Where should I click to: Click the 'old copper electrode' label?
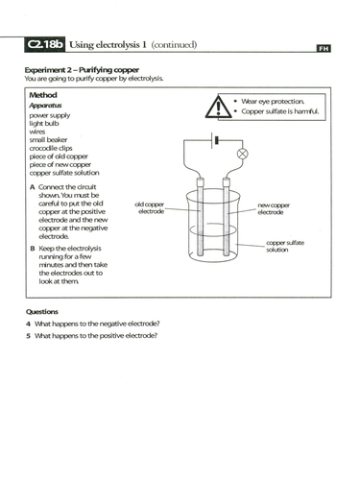tap(152, 208)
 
